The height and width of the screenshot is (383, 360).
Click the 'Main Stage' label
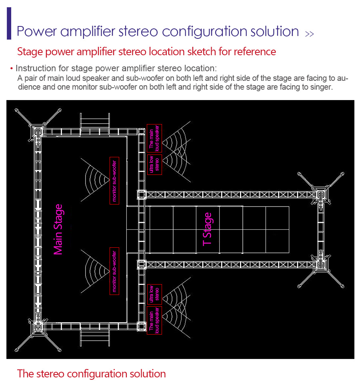pyautogui.click(x=58, y=229)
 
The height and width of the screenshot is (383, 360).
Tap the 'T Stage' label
pyautogui.click(x=207, y=229)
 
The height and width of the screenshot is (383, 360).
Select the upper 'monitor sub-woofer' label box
pyautogui.click(x=114, y=180)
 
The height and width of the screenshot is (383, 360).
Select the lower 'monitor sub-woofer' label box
pyautogui.click(x=114, y=271)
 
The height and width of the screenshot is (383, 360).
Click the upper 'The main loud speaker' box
pyautogui.click(x=154, y=138)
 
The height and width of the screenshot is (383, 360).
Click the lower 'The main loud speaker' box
pyautogui.click(x=154, y=320)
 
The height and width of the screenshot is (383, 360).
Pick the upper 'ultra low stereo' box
pyautogui.click(x=154, y=164)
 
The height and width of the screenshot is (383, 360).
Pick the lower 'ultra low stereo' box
pyautogui.click(x=154, y=294)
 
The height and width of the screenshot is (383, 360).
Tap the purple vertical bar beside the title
pyautogui.click(x=9, y=24)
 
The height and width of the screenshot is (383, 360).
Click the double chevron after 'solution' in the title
pyautogui.click(x=310, y=34)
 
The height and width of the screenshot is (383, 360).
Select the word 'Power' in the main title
pyautogui.click(x=37, y=32)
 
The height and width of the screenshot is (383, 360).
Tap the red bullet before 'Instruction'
pyautogui.click(x=12, y=69)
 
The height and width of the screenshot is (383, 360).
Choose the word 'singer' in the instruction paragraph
pyautogui.click(x=320, y=87)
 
